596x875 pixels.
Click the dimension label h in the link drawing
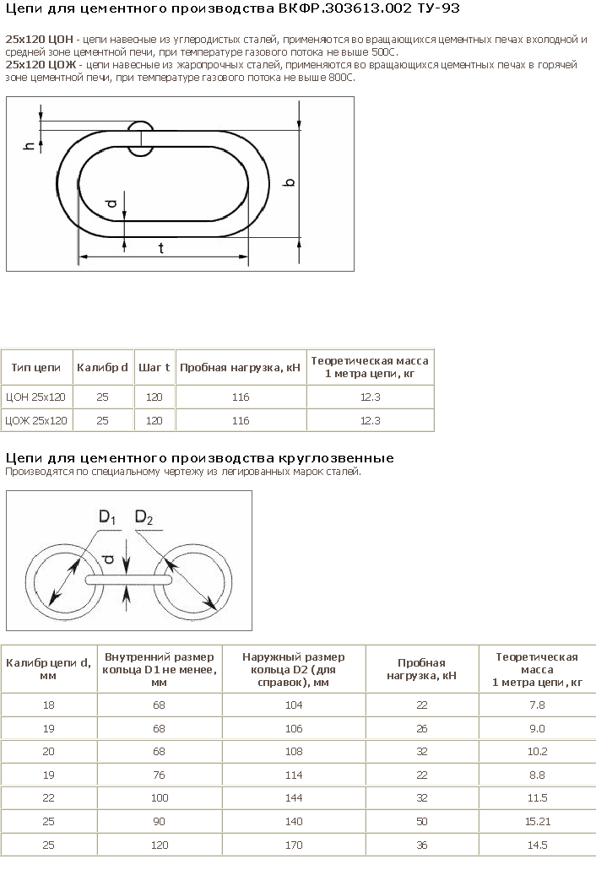coord(29,146)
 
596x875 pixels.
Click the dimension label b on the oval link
coord(290,182)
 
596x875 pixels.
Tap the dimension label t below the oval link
coord(160,248)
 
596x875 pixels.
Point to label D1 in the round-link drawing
coord(107,517)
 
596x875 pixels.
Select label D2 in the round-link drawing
coord(144,518)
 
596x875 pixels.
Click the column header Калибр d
coord(103,367)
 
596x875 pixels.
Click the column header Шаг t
coord(154,367)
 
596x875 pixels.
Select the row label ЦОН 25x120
coord(35,397)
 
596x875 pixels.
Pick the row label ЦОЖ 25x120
coord(35,421)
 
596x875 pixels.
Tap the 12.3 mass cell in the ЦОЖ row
coord(370,421)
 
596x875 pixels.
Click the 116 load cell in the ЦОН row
coord(241,397)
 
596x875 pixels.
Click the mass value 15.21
coord(538,822)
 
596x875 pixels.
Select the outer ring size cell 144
coord(294,798)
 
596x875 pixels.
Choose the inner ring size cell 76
coord(159,775)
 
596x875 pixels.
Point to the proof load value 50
coord(422,822)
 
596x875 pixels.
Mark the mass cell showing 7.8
coord(537,705)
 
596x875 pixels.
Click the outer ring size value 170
coord(294,845)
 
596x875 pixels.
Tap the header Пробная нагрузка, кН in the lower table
coord(421,669)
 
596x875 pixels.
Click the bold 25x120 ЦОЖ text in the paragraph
coord(41,65)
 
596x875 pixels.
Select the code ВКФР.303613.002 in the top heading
coord(345,8)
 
